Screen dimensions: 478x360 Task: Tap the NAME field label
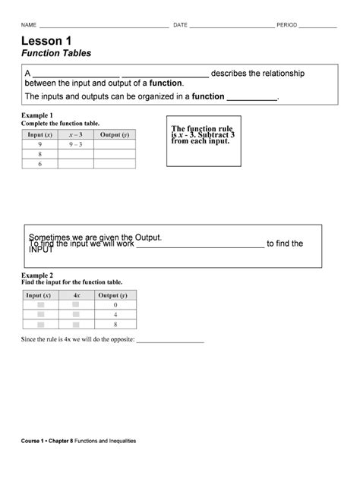tap(29, 25)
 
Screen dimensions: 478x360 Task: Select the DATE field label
tap(180, 25)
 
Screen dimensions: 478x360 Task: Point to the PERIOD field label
tap(286, 25)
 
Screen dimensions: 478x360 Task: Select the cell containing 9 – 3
tap(74, 143)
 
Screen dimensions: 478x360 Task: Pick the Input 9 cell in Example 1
tap(39, 143)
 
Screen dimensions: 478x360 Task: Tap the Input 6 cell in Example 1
tap(39, 163)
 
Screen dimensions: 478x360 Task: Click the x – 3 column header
tap(74, 134)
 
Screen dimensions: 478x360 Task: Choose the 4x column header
tap(76, 294)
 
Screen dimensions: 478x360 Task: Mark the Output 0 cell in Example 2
tap(115, 304)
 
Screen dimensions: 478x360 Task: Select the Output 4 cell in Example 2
tap(115, 314)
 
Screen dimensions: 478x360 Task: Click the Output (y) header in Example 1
tap(114, 134)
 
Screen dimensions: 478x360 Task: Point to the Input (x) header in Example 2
tap(39, 294)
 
